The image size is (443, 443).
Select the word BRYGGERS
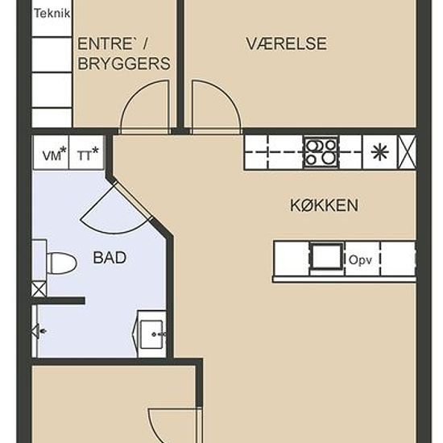click(123, 64)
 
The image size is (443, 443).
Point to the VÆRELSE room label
click(286, 44)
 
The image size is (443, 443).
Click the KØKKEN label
click(324, 205)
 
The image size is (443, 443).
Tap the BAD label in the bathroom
click(110, 259)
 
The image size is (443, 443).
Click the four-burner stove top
click(321, 151)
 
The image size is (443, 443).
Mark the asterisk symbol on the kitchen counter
click(379, 151)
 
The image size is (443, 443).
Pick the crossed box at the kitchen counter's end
click(408, 151)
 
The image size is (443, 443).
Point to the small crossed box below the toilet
click(39, 289)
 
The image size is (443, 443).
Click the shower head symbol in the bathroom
click(37, 330)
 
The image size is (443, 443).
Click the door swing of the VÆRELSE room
click(216, 107)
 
